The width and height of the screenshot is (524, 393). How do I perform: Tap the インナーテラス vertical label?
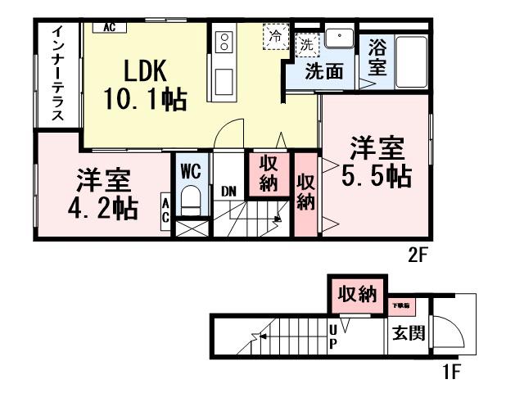pos(58,74)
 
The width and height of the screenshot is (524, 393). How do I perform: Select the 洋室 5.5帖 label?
pos(377,163)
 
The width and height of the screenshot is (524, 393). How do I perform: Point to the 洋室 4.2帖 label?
pos(101,194)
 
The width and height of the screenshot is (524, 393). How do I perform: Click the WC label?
pos(190,172)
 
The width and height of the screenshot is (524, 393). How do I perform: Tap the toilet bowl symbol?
pos(189,199)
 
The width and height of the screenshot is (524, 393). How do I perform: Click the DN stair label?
pos(229,192)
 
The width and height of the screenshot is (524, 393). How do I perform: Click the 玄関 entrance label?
pos(407,334)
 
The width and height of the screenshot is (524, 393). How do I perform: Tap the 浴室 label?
pos(377,57)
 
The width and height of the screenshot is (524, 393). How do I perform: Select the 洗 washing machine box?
pos(306,42)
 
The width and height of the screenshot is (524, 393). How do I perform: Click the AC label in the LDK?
pos(109,27)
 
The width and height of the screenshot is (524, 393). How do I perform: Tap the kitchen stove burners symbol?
pos(224,42)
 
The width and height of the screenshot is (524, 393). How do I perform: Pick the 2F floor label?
pos(418,254)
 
